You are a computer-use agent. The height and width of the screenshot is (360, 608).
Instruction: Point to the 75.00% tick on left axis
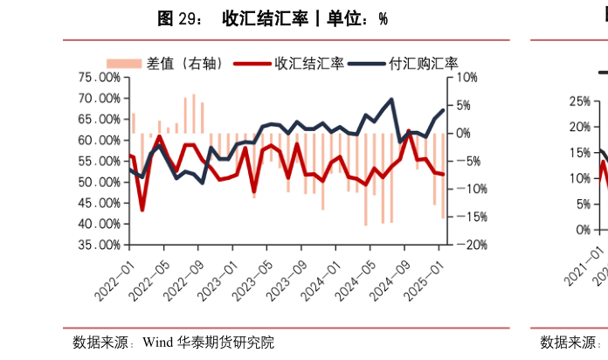pyautogui.click(x=99, y=77)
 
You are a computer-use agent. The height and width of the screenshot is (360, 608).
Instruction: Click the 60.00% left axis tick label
pyautogui.click(x=99, y=140)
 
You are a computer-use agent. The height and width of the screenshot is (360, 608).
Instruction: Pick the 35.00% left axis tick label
pyautogui.click(x=99, y=245)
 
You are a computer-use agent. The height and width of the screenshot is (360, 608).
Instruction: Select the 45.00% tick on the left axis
pyautogui.click(x=99, y=203)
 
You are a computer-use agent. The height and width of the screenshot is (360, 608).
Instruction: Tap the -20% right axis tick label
pyautogui.click(x=466, y=245)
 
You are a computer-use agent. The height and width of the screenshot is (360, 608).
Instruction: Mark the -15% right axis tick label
pyautogui.click(x=466, y=217)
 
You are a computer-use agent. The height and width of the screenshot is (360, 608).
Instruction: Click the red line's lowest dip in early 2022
pyautogui.click(x=142, y=211)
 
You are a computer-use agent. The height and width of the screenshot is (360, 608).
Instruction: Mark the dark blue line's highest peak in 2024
pyautogui.click(x=390, y=100)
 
